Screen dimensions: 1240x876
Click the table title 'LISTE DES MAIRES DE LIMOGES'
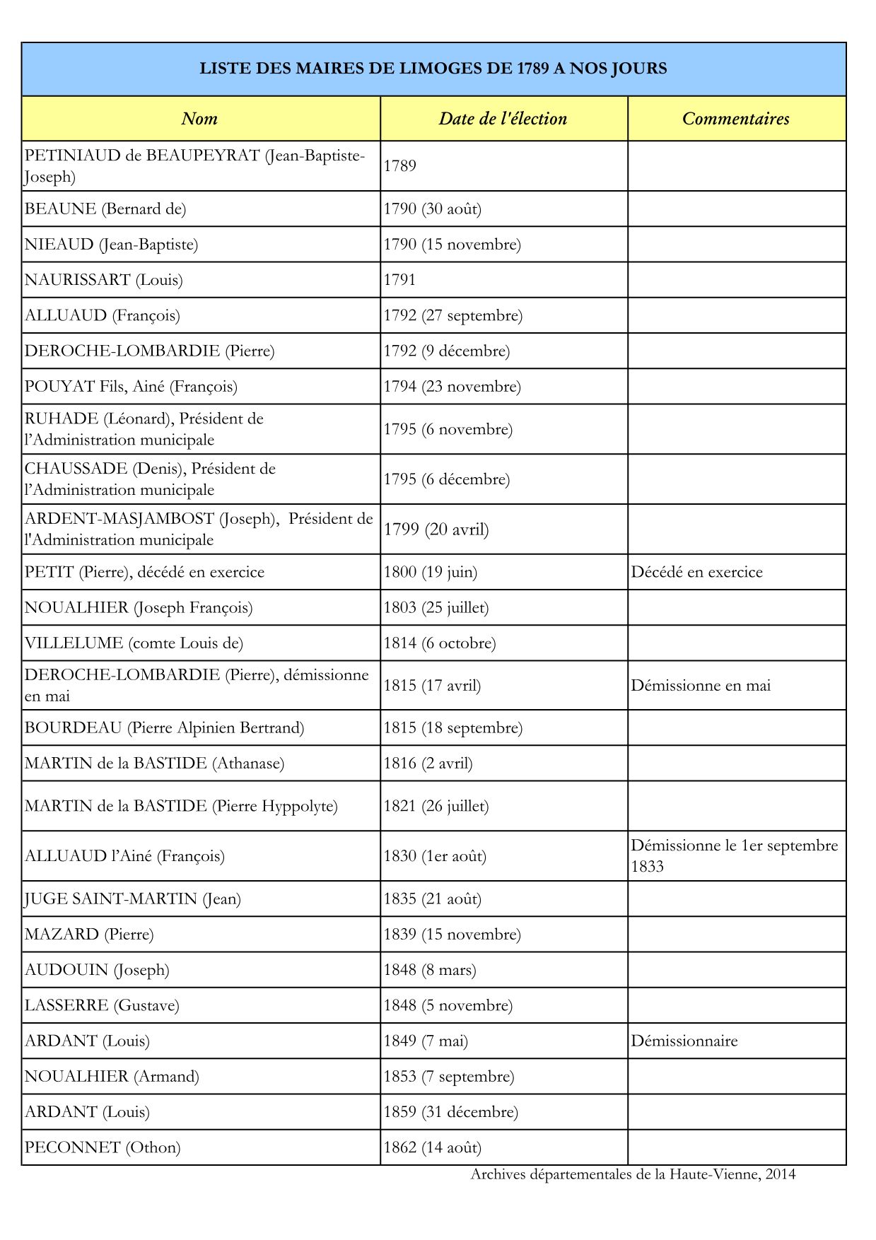pos(433,69)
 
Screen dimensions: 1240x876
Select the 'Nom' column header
pos(199,119)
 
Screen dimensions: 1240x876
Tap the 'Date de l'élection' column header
pos(503,119)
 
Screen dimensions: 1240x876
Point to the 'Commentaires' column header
pos(735,119)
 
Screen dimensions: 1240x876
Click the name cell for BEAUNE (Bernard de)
pos(105,209)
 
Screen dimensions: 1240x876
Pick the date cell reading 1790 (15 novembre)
pos(452,245)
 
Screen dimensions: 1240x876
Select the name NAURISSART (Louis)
pos(104,280)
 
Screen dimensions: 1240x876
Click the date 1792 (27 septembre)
pos(452,315)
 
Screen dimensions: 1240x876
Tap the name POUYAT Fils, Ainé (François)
pos(131,387)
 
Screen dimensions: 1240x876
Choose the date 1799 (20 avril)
pos(436,530)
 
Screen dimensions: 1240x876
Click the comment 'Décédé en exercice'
pos(696,572)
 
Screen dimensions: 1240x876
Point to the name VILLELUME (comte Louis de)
pos(134,643)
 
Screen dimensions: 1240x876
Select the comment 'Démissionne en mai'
pos(701,686)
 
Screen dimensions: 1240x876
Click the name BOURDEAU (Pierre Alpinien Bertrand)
pos(164,728)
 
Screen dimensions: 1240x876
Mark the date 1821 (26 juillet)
pos(436,806)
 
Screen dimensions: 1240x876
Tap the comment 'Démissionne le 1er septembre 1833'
pos(734,855)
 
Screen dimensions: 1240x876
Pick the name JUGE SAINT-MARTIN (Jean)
pos(133,899)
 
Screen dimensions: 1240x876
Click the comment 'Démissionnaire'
pos(684,1041)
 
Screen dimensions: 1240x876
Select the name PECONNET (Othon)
pos(103,1147)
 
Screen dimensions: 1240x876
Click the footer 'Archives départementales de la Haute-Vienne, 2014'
pos(633,1174)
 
